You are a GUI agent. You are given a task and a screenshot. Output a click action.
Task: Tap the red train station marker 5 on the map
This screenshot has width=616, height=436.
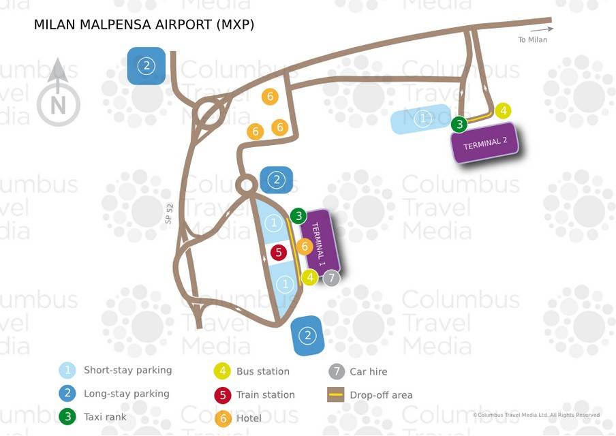click(x=278, y=253)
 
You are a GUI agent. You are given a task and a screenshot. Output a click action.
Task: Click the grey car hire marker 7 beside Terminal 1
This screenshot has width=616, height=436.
click(x=330, y=277)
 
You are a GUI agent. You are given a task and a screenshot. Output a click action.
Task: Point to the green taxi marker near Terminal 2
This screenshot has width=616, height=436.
click(x=460, y=124)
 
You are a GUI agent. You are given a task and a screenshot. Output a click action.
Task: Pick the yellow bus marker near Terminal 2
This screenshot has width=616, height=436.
click(x=503, y=110)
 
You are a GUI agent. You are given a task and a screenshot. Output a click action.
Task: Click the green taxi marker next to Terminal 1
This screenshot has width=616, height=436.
click(x=298, y=216)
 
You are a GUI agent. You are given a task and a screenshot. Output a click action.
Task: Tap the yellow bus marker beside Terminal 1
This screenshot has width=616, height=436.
click(x=310, y=277)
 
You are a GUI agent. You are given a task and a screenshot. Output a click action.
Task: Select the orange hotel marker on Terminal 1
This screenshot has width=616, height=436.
click(x=305, y=247)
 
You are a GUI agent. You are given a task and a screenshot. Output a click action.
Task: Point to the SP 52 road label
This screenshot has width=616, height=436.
click(x=169, y=215)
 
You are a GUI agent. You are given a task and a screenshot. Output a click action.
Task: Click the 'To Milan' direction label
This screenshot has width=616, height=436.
click(x=532, y=40)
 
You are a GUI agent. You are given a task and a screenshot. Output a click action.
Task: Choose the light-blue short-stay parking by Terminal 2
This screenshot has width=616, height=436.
click(x=422, y=119)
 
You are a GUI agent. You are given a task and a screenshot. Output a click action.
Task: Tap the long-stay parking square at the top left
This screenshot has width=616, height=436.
click(x=147, y=66)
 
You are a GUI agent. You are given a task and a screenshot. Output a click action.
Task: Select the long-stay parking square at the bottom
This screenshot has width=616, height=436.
click(x=308, y=335)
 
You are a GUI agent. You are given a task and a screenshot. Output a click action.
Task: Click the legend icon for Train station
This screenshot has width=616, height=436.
click(x=221, y=394)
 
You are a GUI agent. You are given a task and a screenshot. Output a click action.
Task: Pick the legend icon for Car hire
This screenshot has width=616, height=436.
click(x=335, y=371)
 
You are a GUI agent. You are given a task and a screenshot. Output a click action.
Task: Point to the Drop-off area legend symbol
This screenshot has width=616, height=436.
click(x=335, y=394)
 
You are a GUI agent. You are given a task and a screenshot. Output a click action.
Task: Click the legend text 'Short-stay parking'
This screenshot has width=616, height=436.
click(x=127, y=371)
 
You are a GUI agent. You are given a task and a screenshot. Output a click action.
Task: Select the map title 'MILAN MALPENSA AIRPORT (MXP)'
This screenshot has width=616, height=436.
click(x=144, y=25)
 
